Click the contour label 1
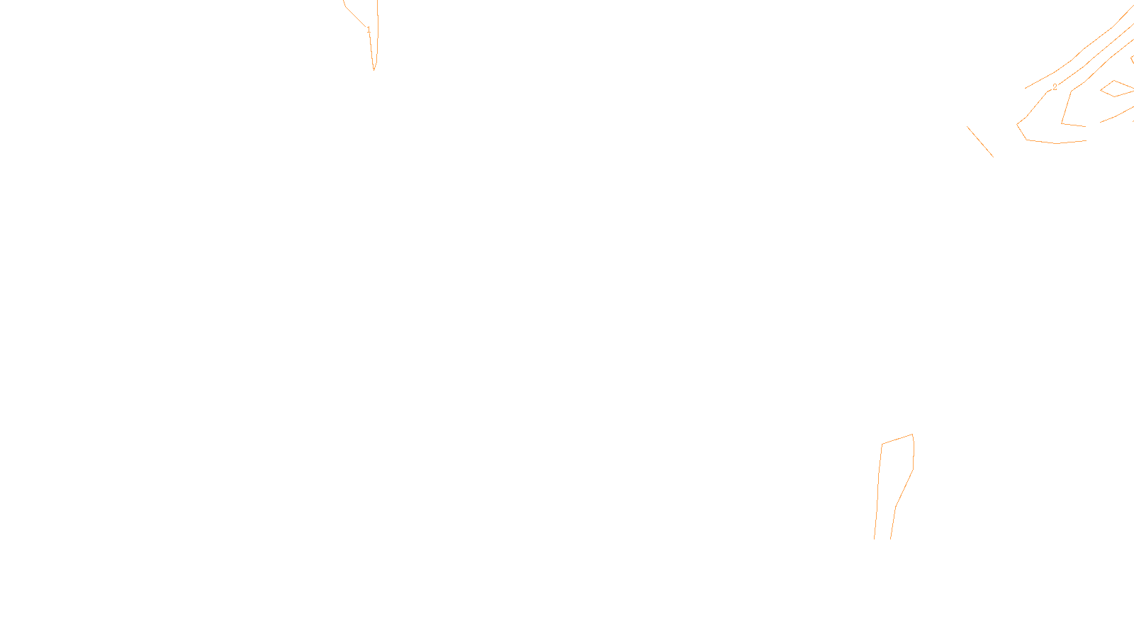point(369,29)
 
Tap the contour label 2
point(1055,87)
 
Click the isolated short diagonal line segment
point(980,142)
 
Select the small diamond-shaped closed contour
point(1117,89)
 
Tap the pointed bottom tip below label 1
point(374,69)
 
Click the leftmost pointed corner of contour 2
point(1018,125)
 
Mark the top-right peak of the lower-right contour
point(912,435)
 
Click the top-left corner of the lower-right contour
point(882,444)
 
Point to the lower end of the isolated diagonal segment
point(992,156)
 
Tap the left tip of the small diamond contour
point(1101,90)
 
